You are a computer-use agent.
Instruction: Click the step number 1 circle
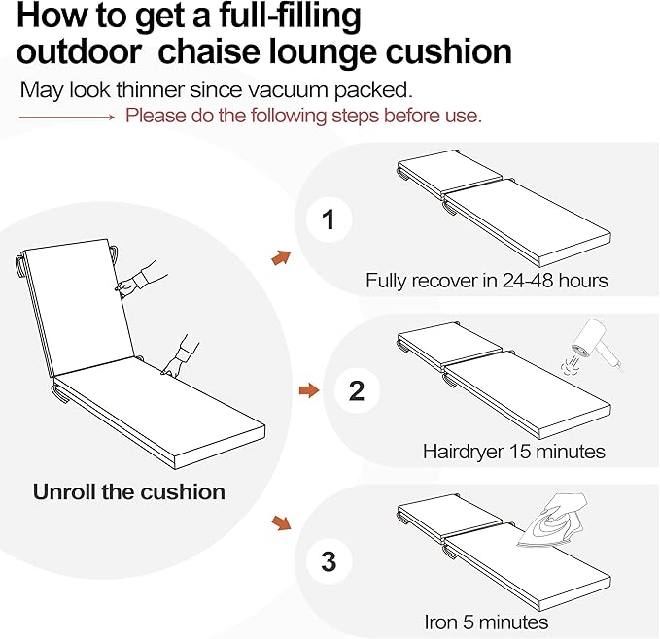click(x=329, y=219)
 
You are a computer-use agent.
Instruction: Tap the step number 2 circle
click(x=357, y=390)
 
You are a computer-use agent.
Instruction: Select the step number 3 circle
click(x=329, y=561)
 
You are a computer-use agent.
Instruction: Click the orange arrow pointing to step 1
click(x=281, y=257)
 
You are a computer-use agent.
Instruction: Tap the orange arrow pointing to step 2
click(x=309, y=390)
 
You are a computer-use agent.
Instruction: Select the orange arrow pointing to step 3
click(x=281, y=522)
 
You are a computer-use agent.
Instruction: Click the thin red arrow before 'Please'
click(x=66, y=117)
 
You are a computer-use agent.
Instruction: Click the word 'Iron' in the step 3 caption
click(x=440, y=622)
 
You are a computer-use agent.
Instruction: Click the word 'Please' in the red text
click(x=156, y=116)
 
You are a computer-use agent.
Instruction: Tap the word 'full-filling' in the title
click(x=290, y=17)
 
